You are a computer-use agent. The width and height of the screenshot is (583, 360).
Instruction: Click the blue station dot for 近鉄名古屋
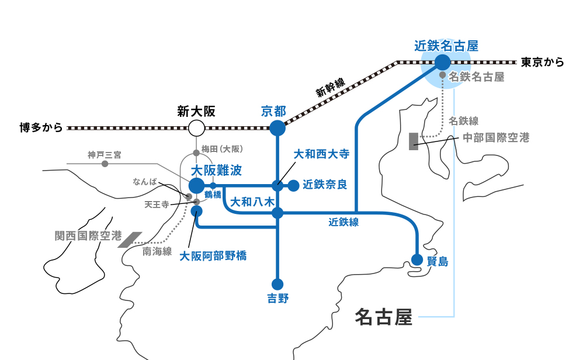(x=442, y=62)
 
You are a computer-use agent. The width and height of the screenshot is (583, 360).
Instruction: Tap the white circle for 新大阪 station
(x=196, y=128)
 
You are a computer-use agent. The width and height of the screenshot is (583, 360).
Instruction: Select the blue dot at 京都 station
(x=277, y=128)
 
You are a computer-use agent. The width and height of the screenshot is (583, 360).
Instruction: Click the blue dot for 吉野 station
(x=277, y=284)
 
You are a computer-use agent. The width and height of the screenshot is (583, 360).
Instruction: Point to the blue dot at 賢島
(x=417, y=259)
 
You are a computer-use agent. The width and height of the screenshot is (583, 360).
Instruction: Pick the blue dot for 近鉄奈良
(x=293, y=185)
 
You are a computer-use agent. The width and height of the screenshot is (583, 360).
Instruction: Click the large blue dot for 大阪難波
(x=197, y=185)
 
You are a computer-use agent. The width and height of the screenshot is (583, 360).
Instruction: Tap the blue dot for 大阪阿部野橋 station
(x=196, y=211)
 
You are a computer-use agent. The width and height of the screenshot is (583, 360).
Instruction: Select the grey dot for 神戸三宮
(x=105, y=164)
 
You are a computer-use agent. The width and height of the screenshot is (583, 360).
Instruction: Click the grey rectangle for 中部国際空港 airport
(x=414, y=141)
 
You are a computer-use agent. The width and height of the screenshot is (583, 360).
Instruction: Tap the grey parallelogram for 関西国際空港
(x=130, y=240)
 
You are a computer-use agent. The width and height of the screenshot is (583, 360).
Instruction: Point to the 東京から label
(x=543, y=62)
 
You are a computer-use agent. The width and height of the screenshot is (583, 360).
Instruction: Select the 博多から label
(x=41, y=127)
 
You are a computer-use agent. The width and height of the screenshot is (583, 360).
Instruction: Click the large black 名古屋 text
(x=384, y=317)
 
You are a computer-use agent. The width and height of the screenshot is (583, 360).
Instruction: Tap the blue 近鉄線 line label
(x=343, y=222)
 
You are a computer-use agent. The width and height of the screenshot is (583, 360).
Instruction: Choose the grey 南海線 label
(x=157, y=251)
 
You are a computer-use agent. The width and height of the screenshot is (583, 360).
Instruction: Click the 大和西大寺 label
(x=321, y=154)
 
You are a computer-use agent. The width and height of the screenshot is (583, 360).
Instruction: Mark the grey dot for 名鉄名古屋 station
(x=442, y=75)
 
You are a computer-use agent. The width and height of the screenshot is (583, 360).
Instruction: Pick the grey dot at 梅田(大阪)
(x=196, y=153)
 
